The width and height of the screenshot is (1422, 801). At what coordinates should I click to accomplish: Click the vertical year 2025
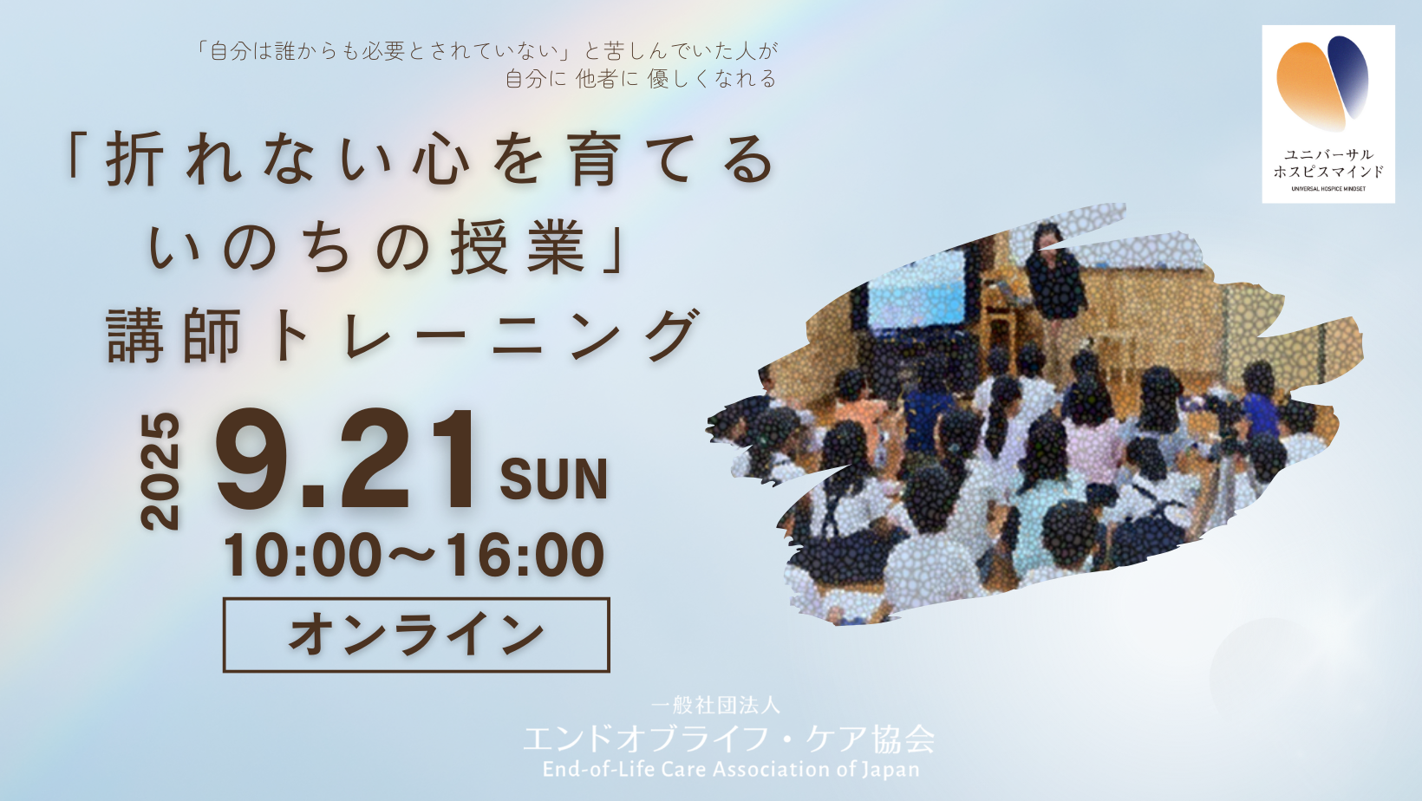click(x=160, y=472)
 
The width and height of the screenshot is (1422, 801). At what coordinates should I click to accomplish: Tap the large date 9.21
click(x=346, y=461)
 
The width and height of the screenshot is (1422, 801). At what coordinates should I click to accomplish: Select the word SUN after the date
click(x=553, y=480)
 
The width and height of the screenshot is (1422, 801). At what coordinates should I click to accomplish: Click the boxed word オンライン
click(x=416, y=635)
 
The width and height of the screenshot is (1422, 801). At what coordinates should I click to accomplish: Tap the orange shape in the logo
click(x=1310, y=86)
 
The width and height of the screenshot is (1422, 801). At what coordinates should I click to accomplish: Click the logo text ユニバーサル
click(x=1328, y=154)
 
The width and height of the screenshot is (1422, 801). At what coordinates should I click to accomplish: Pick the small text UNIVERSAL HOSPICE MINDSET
click(x=1328, y=188)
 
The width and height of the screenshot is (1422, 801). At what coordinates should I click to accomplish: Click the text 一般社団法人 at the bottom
click(x=715, y=705)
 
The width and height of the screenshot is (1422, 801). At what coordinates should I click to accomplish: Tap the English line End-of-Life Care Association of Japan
click(x=731, y=769)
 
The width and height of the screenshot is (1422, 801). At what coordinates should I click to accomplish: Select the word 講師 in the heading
click(x=174, y=335)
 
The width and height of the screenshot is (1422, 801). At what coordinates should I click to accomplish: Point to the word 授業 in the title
click(x=518, y=248)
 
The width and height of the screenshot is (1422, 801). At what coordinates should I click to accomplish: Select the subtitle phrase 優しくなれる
click(x=712, y=79)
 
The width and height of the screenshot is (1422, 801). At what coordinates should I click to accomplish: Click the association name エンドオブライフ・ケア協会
click(x=728, y=739)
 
